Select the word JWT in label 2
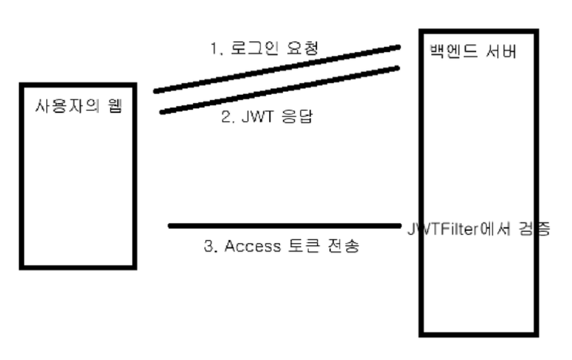251,117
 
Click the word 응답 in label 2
294,117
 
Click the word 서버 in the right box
502,52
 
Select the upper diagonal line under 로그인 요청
276,68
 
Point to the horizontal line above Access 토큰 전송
285,226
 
